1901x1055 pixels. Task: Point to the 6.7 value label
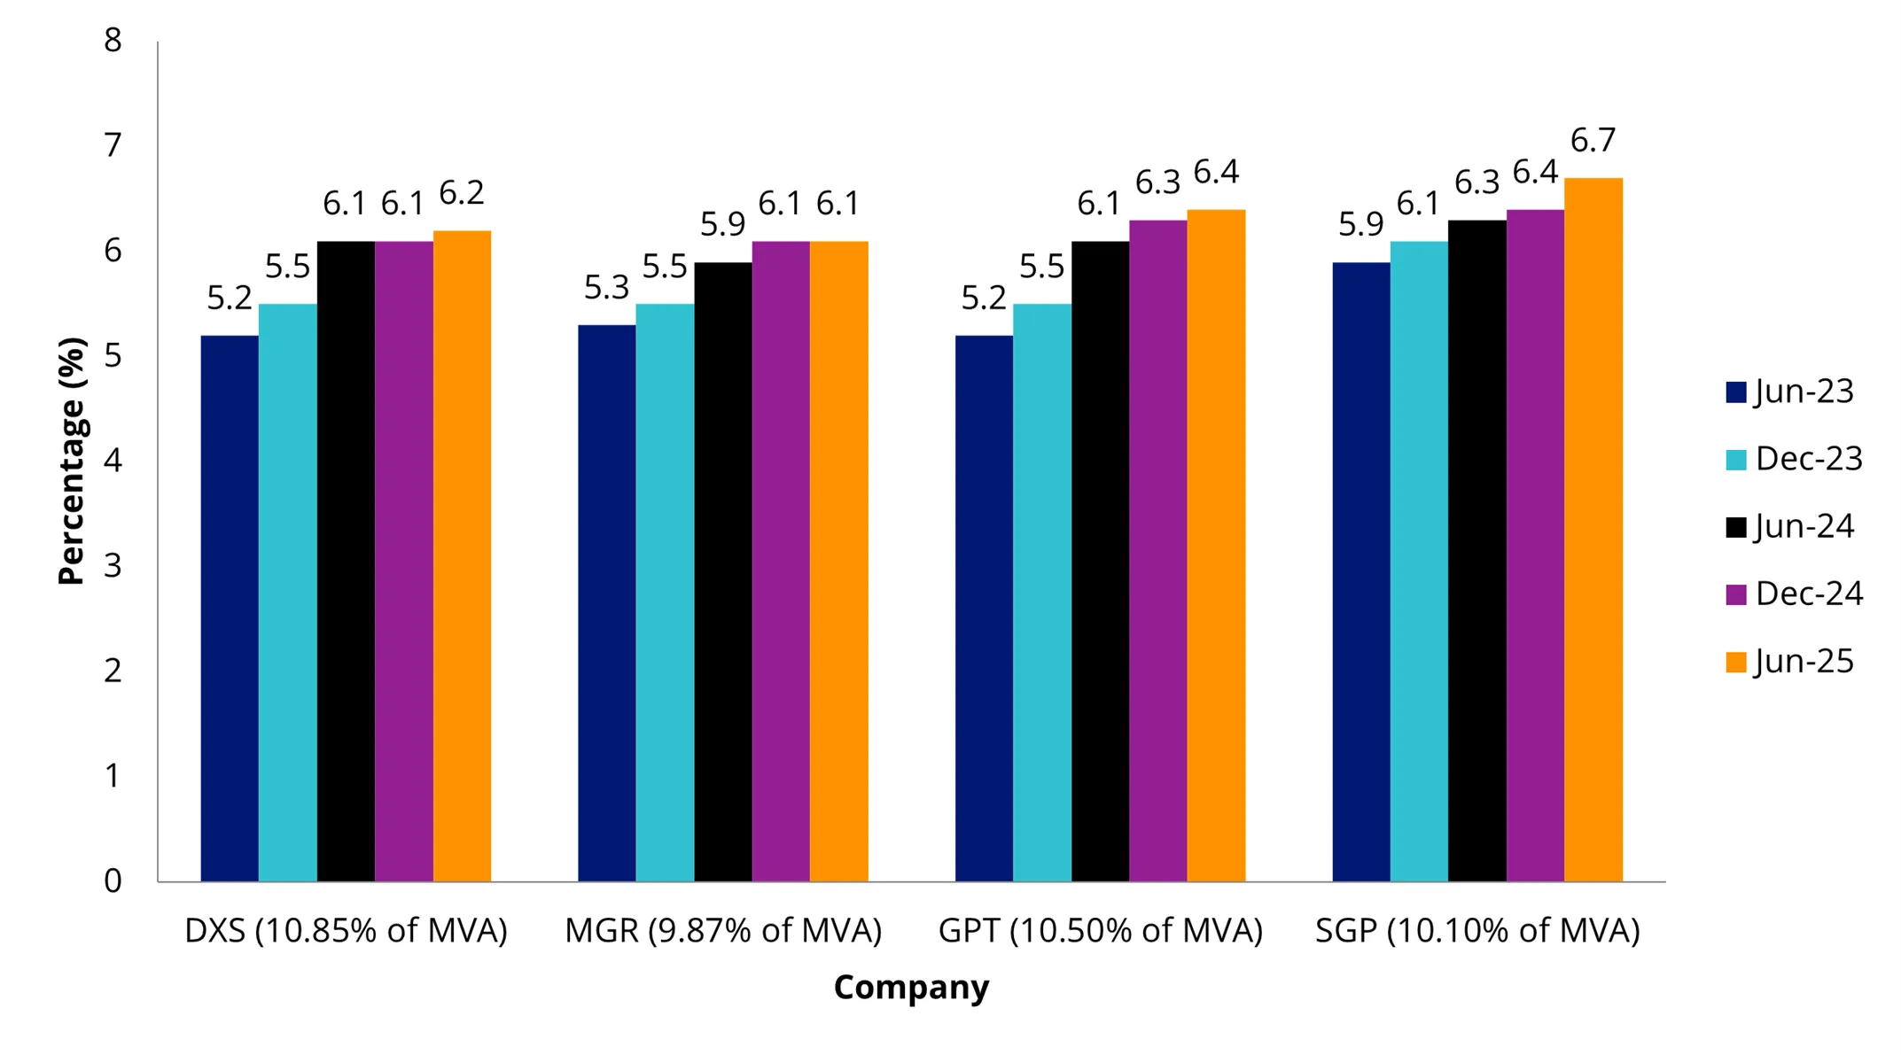pyautogui.click(x=1593, y=140)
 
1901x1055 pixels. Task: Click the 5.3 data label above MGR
pyautogui.click(x=606, y=287)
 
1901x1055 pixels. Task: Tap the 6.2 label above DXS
pyautogui.click(x=461, y=193)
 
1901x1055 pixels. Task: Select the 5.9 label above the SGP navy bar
pyautogui.click(x=1360, y=224)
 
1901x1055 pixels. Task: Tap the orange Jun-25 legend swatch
pyautogui.click(x=1735, y=662)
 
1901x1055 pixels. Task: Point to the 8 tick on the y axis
pyautogui.click(x=113, y=41)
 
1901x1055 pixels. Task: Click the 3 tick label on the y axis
pyautogui.click(x=113, y=565)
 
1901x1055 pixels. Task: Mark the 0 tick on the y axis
pyautogui.click(x=113, y=880)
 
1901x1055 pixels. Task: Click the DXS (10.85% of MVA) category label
pyautogui.click(x=346, y=930)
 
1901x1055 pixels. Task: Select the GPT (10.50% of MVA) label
pyautogui.click(x=1100, y=930)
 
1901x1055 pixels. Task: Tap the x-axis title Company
pyautogui.click(x=911, y=987)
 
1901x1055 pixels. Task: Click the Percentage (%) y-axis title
pyautogui.click(x=71, y=461)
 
